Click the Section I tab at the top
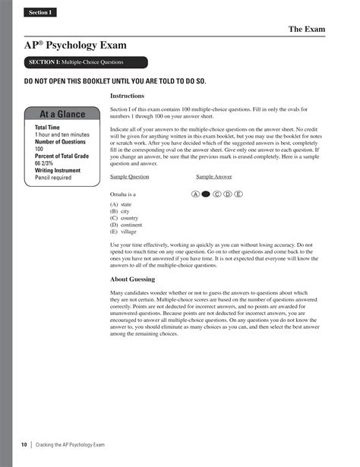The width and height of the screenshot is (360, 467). tap(39, 13)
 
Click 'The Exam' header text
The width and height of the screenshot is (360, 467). tap(306, 30)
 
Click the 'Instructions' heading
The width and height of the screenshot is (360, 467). tap(128, 96)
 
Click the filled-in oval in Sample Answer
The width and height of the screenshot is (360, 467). tap(206, 194)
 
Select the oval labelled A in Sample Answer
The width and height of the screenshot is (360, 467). tap(196, 194)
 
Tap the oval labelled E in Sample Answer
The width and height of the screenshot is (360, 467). tap(238, 194)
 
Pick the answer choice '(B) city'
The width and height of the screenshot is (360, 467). tap(120, 212)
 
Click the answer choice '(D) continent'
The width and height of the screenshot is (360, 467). tap(127, 226)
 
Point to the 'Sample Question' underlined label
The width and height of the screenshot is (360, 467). tap(130, 177)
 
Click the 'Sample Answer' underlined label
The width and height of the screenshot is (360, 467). tap(214, 177)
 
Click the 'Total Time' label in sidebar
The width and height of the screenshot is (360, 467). tap(47, 128)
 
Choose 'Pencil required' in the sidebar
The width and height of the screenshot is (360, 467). tap(53, 178)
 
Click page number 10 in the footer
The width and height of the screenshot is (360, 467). tap(24, 443)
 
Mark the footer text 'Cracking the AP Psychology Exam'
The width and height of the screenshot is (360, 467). tap(71, 443)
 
